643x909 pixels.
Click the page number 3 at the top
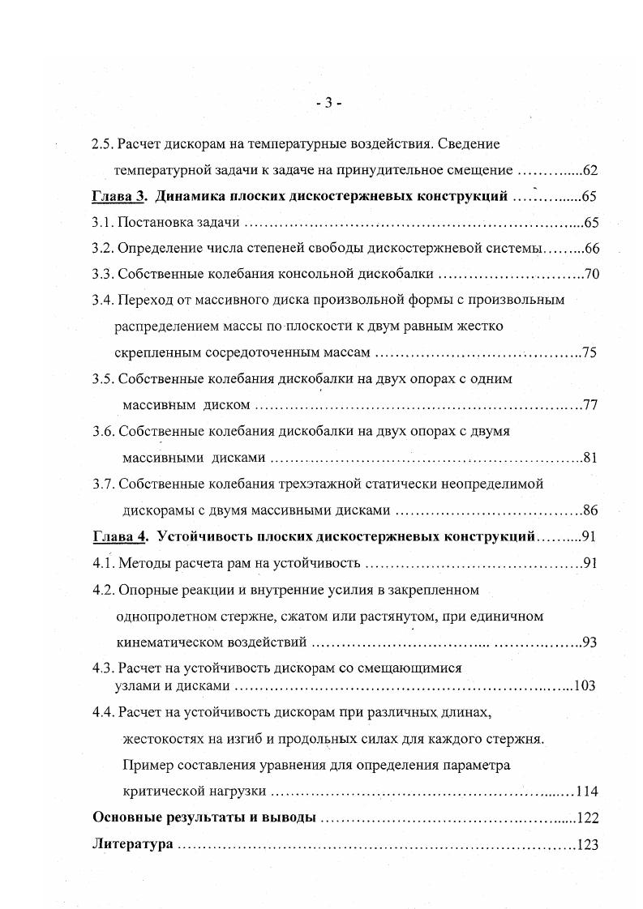(x=328, y=102)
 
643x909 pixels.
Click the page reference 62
(x=589, y=170)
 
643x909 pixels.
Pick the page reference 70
(x=591, y=274)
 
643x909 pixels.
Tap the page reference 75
(x=589, y=352)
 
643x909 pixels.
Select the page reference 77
(x=589, y=405)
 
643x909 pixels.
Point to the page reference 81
(x=589, y=459)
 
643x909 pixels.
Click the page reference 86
(x=589, y=510)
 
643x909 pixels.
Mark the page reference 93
(x=589, y=643)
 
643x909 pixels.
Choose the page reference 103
(x=584, y=685)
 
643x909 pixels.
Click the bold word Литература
(x=133, y=844)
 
